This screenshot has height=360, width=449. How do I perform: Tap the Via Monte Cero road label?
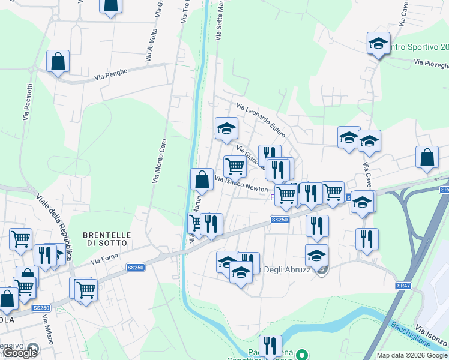point(159,161)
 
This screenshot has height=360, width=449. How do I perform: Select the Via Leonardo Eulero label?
point(261,120)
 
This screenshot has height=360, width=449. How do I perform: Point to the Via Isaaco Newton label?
point(241,183)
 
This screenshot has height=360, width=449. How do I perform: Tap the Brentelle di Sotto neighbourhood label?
point(105,239)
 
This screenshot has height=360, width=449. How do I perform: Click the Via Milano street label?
point(48,329)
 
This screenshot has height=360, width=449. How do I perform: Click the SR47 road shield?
point(403,286)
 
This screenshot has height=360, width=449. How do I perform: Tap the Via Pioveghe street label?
point(431,64)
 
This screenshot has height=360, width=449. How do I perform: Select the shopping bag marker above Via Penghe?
point(58,61)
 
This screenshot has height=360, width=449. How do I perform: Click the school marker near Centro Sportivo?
point(378,43)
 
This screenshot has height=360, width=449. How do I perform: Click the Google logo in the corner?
point(20,353)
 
